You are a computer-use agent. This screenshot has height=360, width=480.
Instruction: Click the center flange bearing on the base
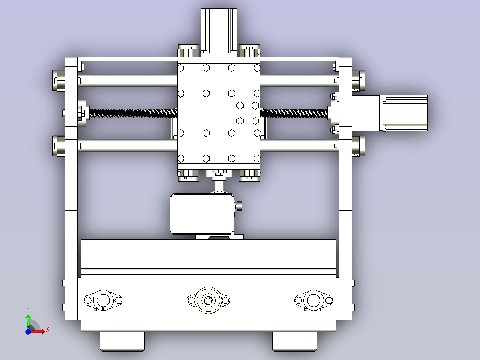tap(208, 300)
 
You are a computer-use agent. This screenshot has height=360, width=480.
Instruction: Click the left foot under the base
tap(122, 342)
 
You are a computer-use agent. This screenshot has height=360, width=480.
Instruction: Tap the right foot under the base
tap(294, 342)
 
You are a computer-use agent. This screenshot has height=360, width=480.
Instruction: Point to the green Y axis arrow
tap(28, 320)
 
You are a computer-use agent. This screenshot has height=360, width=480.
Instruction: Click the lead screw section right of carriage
tap(294, 113)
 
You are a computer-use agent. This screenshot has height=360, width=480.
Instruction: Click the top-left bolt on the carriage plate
tap(181, 68)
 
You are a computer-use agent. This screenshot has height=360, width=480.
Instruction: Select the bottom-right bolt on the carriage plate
tap(257, 158)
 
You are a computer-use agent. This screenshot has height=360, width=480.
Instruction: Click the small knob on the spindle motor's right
tap(240, 206)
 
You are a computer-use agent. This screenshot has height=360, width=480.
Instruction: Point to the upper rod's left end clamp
tap(58, 81)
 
